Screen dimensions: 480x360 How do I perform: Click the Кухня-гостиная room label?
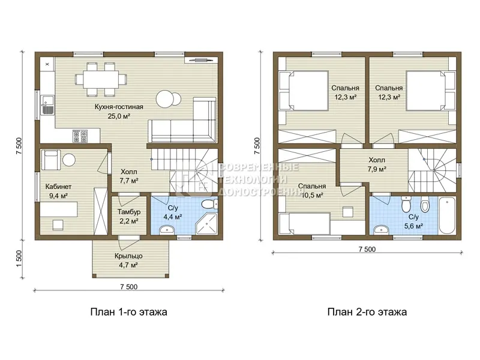pos(119,107)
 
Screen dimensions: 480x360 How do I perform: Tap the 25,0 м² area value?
pos(119,116)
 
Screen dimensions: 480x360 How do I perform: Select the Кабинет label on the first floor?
pos(58,187)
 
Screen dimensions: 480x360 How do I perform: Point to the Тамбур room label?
pos(129,212)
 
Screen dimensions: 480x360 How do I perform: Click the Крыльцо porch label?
pos(128,256)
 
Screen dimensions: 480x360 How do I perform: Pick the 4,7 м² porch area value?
pos(128,265)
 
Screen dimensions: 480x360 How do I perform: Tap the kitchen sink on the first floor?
pos(47,105)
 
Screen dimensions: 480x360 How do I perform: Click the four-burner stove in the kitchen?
pos(80,136)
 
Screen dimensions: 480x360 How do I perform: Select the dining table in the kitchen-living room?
pos(101,79)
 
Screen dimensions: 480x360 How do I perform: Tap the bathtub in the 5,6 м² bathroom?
pos(446,216)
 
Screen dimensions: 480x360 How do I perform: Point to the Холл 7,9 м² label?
pos(377,164)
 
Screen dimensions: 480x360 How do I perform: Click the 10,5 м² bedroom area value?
pos(312,195)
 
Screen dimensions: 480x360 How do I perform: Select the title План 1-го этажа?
pos(129,312)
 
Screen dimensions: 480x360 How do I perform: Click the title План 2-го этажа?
pos(367,312)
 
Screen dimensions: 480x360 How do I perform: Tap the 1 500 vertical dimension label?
pos(19,259)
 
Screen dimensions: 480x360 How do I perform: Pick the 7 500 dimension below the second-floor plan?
pos(367,249)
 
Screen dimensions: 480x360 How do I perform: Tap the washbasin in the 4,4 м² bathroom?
pos(167,229)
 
